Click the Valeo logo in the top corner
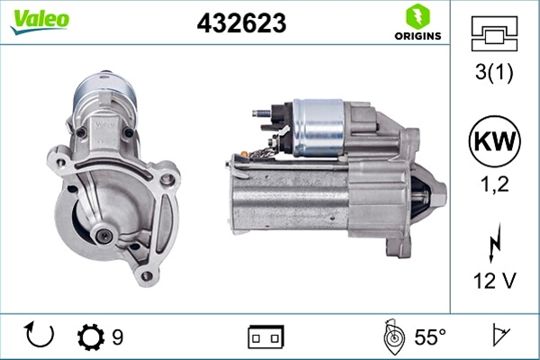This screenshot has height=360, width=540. pos(40,21)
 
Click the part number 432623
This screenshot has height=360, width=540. pos(241,23)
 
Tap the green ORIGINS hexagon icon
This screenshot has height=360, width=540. pos(418,16)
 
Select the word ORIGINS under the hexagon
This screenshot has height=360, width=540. pos(418,36)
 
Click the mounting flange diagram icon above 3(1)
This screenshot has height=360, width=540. pos(494,34)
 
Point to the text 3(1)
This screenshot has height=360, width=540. pos(494,72)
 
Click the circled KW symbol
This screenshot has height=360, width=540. pos(494,141)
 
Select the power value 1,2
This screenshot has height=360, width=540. pos(494,184)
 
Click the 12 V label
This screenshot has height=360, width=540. pos(495,281)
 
